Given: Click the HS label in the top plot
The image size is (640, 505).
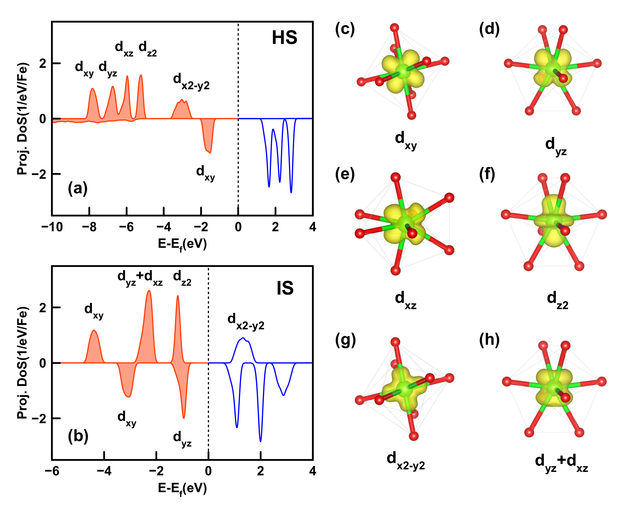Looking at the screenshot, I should [284, 38].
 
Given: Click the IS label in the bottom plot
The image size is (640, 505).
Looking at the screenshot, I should [285, 288].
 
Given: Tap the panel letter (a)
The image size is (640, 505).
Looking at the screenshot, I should [78, 188].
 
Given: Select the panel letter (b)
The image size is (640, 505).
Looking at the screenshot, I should [78, 436].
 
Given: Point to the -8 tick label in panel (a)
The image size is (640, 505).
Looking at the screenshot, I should [89, 227].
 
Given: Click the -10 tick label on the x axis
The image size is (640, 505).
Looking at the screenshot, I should [52, 227].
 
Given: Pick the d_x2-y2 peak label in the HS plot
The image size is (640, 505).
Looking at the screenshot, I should [191, 82].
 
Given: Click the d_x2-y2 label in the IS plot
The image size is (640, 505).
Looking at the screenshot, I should [246, 322].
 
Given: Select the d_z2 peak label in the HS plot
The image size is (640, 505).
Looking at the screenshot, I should [147, 49].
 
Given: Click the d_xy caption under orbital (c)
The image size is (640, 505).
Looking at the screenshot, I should [406, 141].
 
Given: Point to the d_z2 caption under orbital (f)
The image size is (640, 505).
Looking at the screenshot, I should [558, 300].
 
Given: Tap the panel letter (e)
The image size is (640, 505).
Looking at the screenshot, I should [345, 174].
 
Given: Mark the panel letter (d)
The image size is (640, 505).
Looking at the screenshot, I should [489, 29].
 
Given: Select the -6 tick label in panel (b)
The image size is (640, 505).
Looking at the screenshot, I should [52, 471].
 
